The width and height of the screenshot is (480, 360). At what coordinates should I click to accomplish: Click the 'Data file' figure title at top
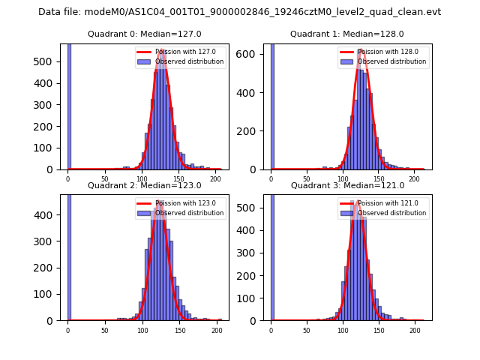click(x=239, y=12)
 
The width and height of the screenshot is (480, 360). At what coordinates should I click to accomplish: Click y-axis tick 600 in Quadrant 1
click(x=250, y=54)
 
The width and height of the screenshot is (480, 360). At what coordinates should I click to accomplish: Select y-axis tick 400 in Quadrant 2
click(x=46, y=214)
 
